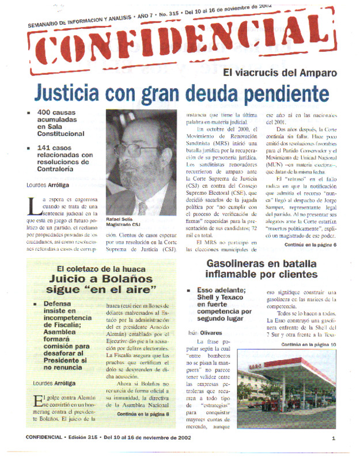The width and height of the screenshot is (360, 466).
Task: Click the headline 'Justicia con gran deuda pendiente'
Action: [180, 92]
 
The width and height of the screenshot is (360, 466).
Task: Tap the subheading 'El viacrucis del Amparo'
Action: [280, 73]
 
